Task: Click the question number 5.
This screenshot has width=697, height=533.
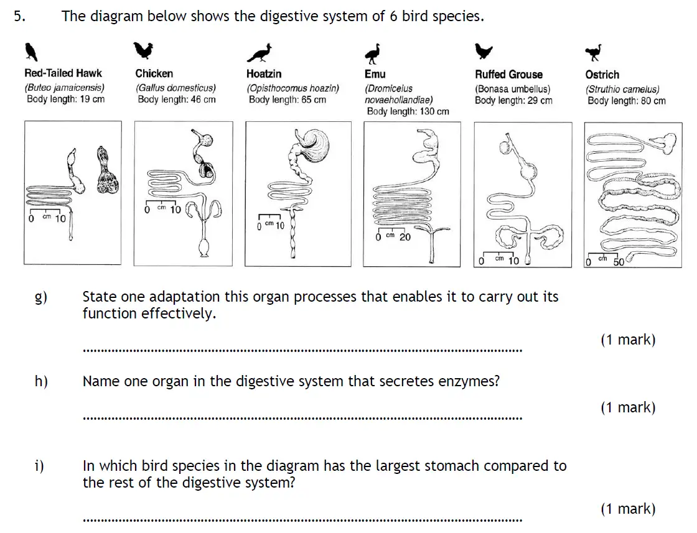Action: (x=19, y=17)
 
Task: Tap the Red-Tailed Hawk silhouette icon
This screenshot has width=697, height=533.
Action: (x=30, y=52)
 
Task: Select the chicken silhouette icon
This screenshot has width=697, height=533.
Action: (x=143, y=50)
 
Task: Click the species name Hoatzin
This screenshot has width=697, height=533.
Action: (x=264, y=74)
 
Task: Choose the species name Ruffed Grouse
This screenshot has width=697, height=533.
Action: (x=508, y=74)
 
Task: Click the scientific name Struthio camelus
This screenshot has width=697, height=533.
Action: (x=622, y=90)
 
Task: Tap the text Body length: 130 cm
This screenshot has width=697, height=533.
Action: (x=408, y=112)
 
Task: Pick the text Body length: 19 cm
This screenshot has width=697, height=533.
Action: (x=65, y=100)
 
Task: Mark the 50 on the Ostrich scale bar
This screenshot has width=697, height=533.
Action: (x=619, y=261)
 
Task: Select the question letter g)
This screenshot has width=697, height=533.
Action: (x=40, y=297)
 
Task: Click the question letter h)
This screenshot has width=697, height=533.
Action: (x=41, y=382)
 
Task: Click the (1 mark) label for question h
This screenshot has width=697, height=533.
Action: (x=627, y=407)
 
